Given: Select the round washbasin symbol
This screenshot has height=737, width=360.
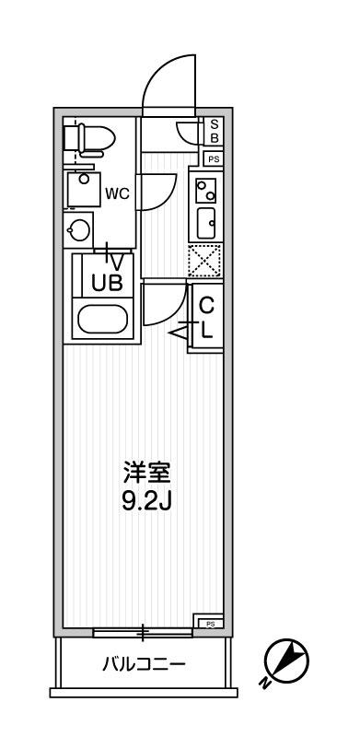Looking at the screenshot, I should coord(80,228).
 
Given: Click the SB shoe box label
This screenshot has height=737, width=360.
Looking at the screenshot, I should coord(214,131).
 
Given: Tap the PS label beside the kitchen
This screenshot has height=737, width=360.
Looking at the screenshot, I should coord(214,159).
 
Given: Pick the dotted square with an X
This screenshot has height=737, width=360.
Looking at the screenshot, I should coord(204,261).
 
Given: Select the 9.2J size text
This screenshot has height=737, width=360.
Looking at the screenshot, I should coord(147,504).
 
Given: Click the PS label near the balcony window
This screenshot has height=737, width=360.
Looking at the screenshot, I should coord(210,623).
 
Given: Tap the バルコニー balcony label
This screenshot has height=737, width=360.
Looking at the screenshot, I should coord(145,663).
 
